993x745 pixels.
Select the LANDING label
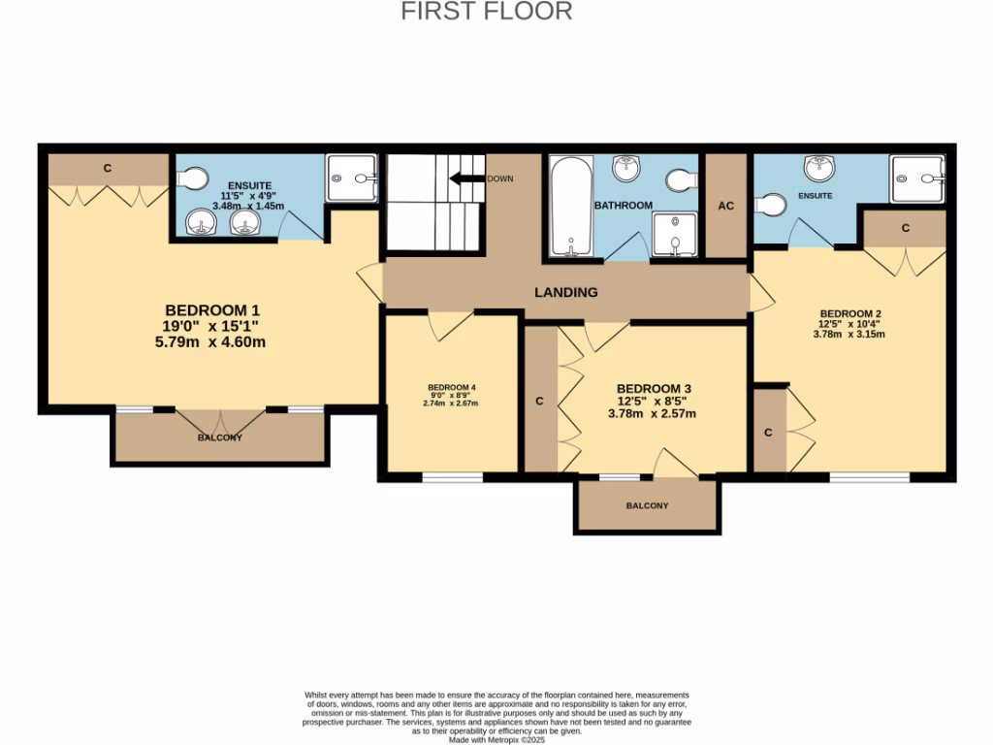(x=566, y=292)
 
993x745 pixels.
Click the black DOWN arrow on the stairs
(x=466, y=178)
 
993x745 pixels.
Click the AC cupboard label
(x=725, y=206)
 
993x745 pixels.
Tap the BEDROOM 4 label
(x=451, y=388)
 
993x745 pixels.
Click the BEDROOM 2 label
(x=849, y=313)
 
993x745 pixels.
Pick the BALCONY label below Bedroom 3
(x=647, y=505)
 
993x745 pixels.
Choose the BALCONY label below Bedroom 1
(x=220, y=437)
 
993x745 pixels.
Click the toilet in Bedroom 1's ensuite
(x=194, y=178)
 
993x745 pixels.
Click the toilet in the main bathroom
(x=681, y=180)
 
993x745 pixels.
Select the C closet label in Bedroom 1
(x=108, y=169)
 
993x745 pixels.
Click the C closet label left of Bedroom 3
(x=540, y=401)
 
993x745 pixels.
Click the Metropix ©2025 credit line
(x=496, y=739)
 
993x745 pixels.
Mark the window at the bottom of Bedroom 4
(x=452, y=476)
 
